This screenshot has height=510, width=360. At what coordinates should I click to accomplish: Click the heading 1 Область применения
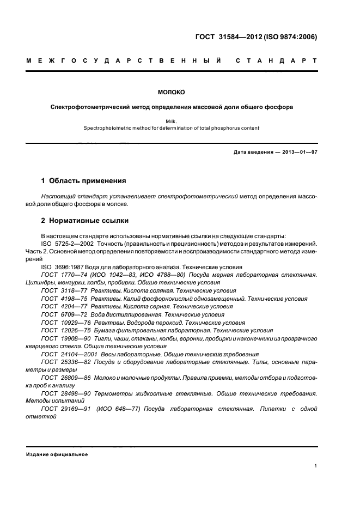[x=84, y=180]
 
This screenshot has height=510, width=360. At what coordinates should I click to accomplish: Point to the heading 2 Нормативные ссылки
[x=86, y=221]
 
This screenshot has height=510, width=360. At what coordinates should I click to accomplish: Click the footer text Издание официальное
[x=57, y=454]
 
